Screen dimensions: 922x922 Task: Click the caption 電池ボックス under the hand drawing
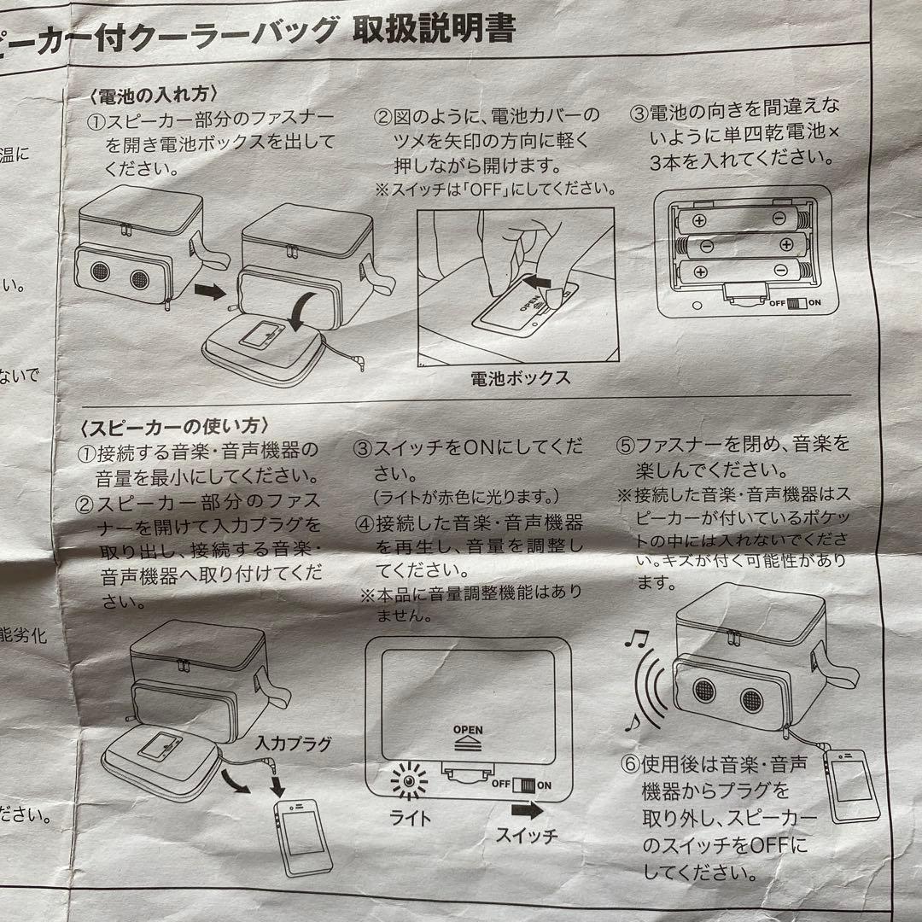(520, 377)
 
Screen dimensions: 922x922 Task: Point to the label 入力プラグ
(293, 743)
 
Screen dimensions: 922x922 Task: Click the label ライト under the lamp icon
(411, 817)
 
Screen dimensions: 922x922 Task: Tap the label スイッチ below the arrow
(527, 834)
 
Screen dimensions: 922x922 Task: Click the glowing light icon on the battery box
(409, 781)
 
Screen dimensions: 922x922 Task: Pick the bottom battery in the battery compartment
(738, 272)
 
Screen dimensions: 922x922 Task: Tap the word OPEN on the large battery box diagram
(468, 731)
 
